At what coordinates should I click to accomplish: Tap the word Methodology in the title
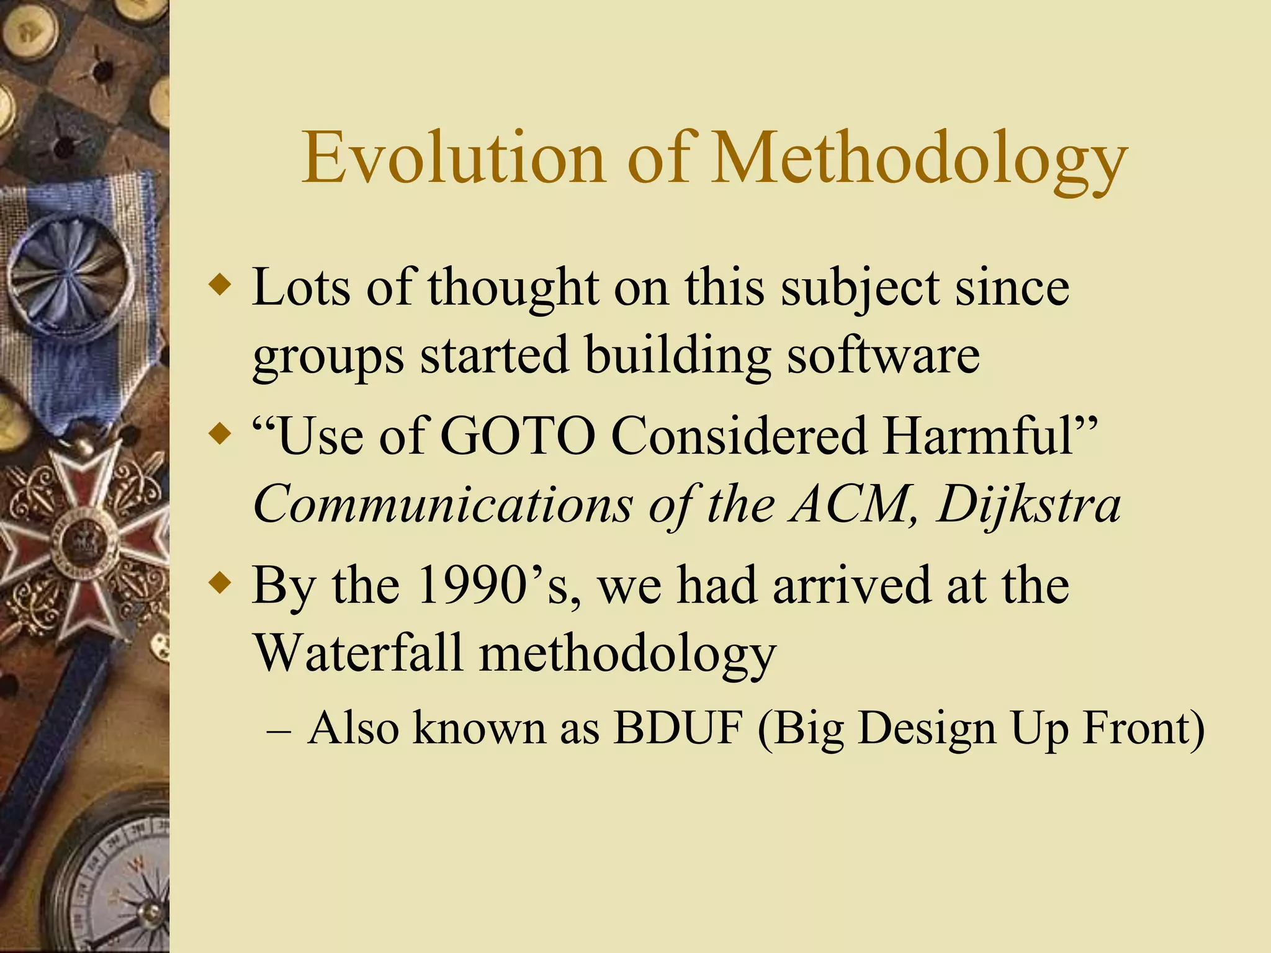[x=919, y=160]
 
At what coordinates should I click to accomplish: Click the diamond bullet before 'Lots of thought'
[x=220, y=286]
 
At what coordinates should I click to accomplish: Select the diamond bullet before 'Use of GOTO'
[x=220, y=433]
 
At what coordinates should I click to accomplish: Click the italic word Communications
[x=442, y=504]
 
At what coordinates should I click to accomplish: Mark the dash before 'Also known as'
[x=278, y=731]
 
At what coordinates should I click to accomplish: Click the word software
[x=884, y=355]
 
